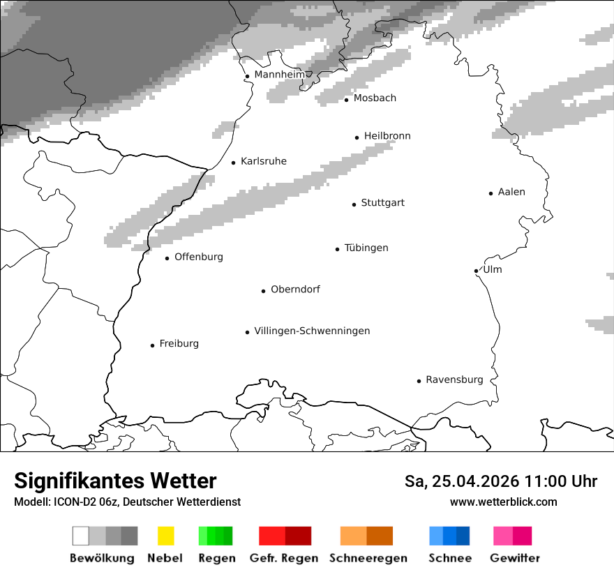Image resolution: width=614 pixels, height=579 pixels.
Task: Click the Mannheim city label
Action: [280, 75]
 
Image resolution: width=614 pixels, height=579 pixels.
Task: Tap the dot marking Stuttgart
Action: [354, 204]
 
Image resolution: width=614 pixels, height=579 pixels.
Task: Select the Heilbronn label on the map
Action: [387, 136]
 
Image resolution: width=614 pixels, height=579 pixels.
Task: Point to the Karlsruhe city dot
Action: [234, 163]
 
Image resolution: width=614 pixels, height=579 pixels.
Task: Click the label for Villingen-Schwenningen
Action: [312, 331]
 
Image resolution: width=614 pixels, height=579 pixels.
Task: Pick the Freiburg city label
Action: [179, 343]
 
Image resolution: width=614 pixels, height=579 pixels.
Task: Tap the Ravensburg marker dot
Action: [419, 381]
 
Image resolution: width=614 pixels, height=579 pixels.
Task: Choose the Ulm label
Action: [493, 269]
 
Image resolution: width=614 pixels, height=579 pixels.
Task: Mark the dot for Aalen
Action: [491, 193]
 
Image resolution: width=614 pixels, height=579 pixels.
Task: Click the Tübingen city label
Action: [366, 248]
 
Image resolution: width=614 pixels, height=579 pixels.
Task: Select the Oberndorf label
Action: [295, 289]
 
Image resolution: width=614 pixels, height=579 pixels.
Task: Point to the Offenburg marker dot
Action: [167, 258]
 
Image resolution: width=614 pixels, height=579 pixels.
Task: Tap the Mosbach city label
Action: [375, 98]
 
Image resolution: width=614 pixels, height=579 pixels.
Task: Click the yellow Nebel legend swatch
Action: [165, 536]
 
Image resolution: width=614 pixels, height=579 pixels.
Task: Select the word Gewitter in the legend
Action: [515, 558]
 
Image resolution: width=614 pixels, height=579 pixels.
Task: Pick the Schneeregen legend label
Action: [368, 558]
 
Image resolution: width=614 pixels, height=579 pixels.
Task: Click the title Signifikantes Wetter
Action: [115, 481]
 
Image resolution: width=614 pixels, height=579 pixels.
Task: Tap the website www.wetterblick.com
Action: [504, 502]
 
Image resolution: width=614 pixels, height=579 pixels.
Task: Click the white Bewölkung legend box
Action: [81, 536]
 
